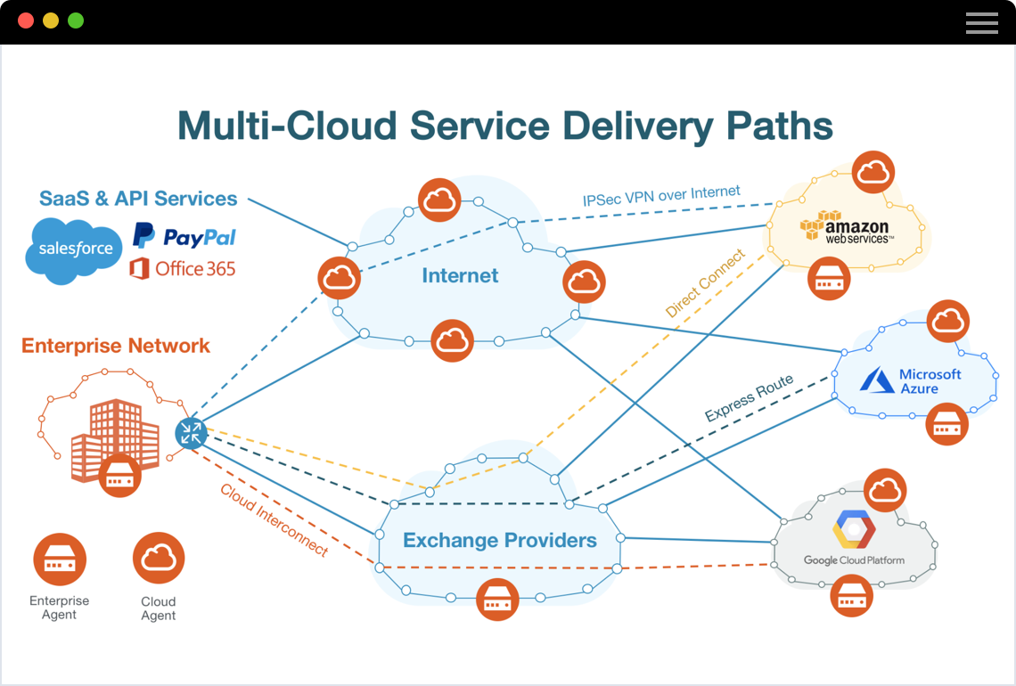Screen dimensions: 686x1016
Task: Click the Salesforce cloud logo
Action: click(74, 249)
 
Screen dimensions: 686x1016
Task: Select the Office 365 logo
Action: click(183, 268)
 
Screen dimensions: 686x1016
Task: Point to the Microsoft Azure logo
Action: click(911, 381)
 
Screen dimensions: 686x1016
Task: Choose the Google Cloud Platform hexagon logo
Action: click(854, 531)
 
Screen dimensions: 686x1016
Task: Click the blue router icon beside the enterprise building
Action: click(191, 433)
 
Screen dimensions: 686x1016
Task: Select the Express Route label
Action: click(749, 399)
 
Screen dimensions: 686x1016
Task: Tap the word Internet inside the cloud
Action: click(460, 275)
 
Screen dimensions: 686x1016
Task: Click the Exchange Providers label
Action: click(499, 540)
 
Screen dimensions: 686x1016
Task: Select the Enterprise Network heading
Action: click(116, 346)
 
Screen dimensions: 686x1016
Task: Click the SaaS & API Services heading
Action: click(138, 199)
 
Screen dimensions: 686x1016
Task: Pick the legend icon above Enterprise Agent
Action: click(60, 559)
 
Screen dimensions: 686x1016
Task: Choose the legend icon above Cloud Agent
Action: click(159, 559)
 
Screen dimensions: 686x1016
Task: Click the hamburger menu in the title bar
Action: click(981, 22)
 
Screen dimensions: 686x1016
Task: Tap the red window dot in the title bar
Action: click(26, 20)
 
